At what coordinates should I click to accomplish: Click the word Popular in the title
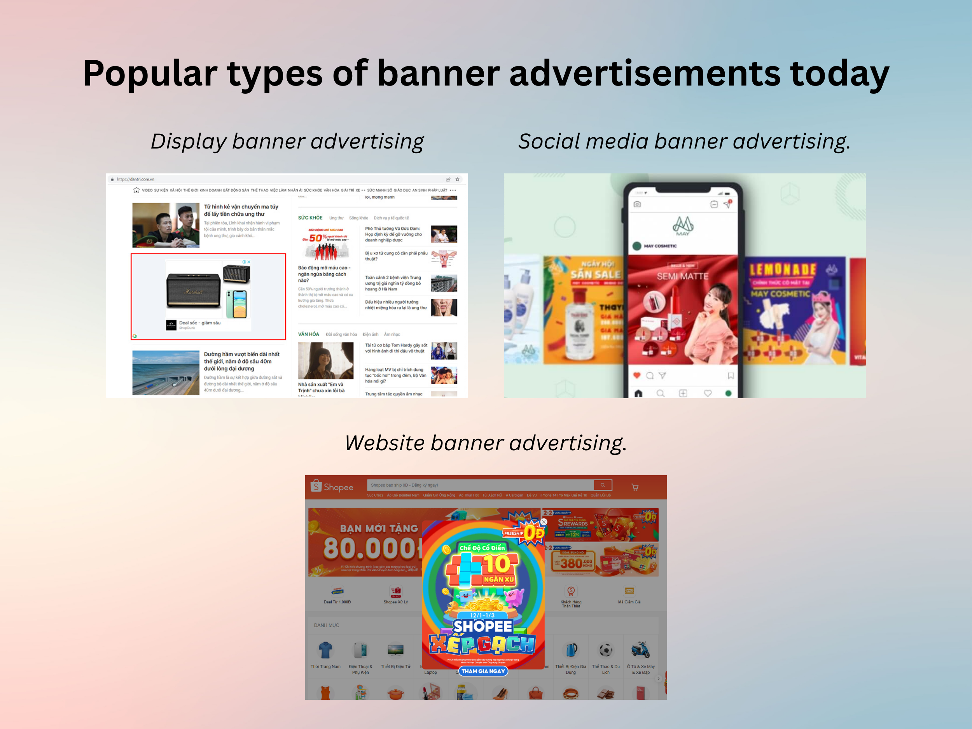point(149,73)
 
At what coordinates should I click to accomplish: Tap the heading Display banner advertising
point(287,142)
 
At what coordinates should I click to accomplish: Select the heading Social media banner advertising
point(684,142)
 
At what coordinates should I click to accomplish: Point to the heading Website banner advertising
point(486,443)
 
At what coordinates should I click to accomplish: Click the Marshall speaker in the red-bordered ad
point(193,290)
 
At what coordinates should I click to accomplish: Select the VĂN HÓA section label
point(308,334)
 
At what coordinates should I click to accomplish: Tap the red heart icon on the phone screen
point(637,375)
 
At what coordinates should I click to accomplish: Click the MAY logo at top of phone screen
point(683,226)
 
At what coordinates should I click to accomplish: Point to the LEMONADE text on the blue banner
point(783,269)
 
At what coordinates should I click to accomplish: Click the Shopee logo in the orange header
point(332,487)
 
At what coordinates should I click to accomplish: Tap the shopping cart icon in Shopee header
point(635,487)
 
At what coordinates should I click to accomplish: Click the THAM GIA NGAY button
point(483,671)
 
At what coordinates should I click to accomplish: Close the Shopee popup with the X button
point(544,522)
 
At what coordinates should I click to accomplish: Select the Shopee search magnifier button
point(603,485)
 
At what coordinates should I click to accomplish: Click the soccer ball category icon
point(605,650)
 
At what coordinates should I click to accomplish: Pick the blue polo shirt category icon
point(325,650)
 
